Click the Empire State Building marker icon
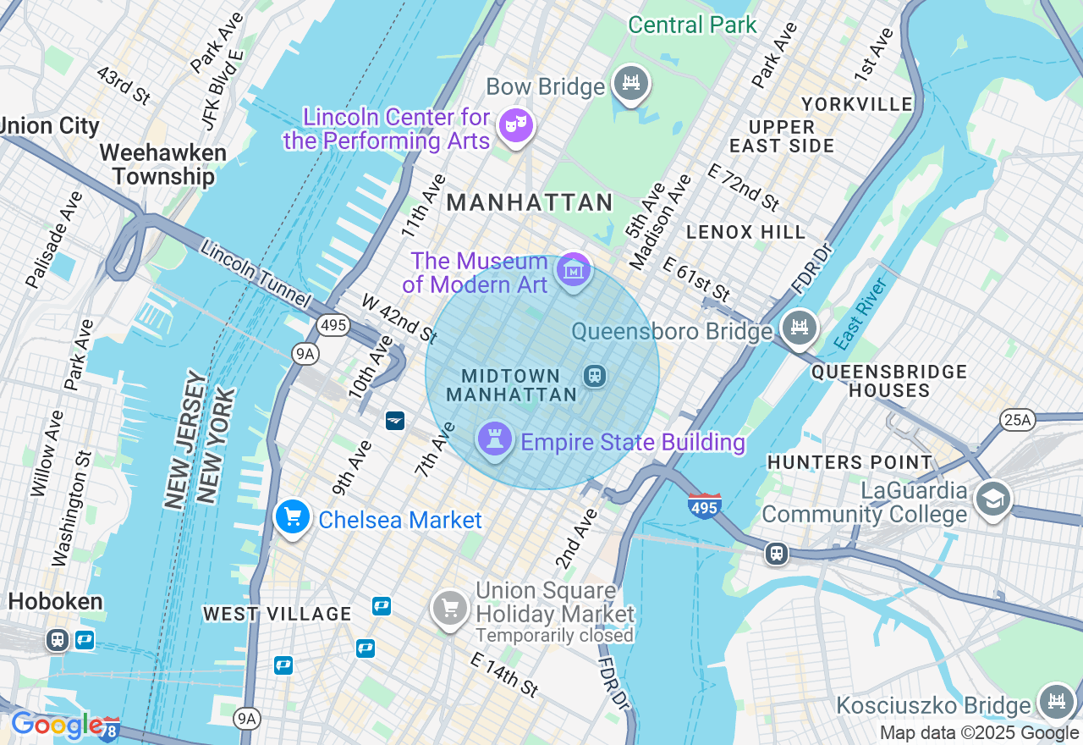[495, 439]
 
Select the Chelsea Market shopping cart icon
[293, 516]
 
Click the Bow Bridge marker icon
[630, 83]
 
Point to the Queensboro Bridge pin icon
[800, 327]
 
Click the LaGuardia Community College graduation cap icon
[992, 499]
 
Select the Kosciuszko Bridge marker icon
[1056, 702]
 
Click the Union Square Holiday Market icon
[450, 607]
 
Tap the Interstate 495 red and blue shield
[704, 505]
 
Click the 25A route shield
[1016, 419]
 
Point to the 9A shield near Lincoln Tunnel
[305, 354]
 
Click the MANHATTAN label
[530, 202]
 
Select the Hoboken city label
[56, 602]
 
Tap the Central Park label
[692, 25]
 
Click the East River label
[860, 314]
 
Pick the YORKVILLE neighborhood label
[857, 104]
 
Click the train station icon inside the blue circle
[595, 375]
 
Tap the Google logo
[58, 725]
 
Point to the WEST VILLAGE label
[278, 614]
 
